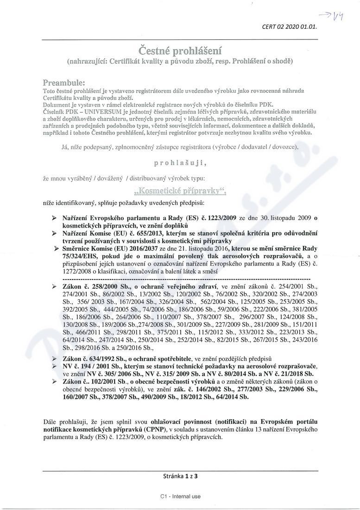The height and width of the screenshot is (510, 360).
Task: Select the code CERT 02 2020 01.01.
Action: click(x=290, y=27)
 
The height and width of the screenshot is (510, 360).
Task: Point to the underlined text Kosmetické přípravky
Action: click(x=180, y=191)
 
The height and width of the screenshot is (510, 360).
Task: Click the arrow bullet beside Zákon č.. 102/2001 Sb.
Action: click(x=55, y=381)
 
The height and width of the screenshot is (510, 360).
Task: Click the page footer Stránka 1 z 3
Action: click(x=180, y=475)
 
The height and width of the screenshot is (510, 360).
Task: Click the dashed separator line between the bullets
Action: click(x=185, y=279)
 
